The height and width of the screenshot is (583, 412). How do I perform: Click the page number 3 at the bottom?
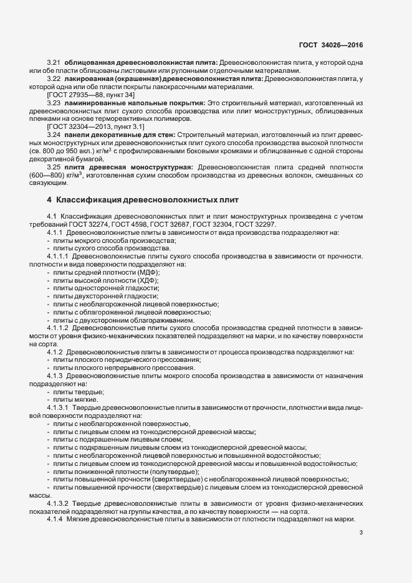point(361,533)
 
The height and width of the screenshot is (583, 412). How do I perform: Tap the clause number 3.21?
point(54,64)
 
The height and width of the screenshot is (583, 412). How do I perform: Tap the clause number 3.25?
point(54,166)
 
